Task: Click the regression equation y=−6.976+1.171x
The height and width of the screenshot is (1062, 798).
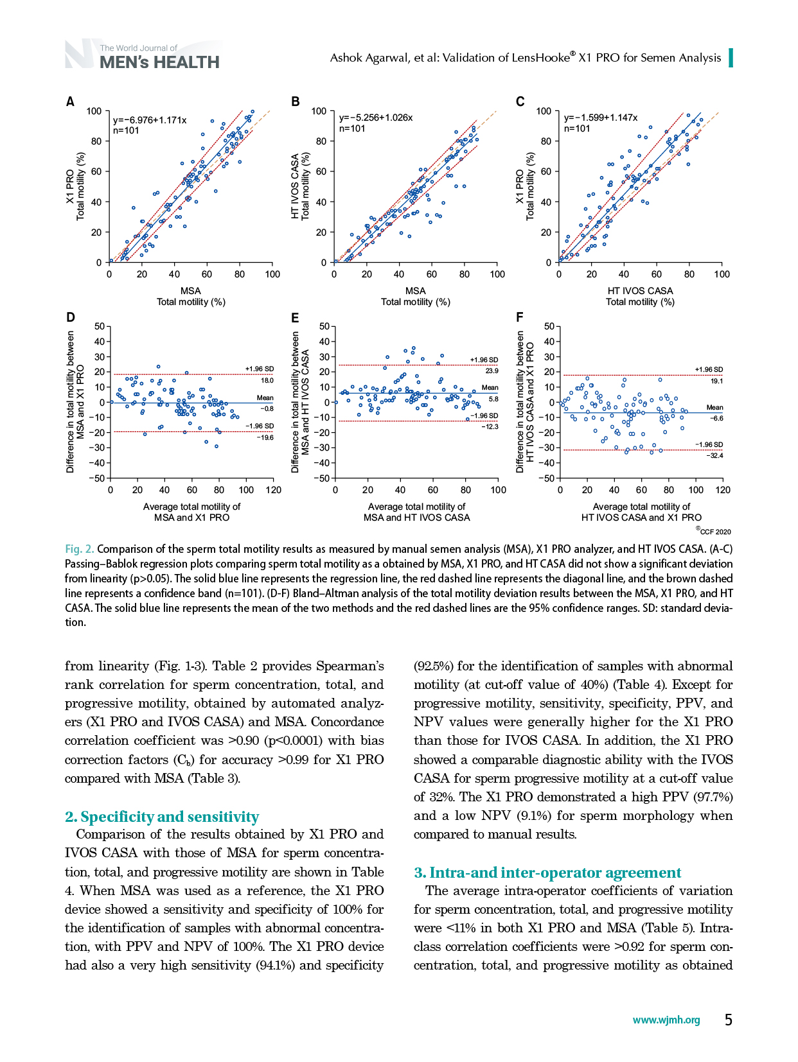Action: tap(150, 120)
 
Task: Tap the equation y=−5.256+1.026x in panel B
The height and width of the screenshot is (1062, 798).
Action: tap(375, 118)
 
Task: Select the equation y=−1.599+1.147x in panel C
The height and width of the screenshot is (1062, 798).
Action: tap(601, 118)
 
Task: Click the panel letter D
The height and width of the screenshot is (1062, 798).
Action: tap(71, 317)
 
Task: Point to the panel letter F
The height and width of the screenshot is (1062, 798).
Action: tap(520, 317)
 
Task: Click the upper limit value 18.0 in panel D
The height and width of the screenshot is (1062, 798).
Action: tap(267, 380)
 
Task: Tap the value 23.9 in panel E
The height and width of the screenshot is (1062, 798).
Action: tap(492, 370)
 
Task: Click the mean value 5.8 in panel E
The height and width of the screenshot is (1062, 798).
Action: tap(493, 399)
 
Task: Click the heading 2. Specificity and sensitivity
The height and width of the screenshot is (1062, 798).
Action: tap(162, 817)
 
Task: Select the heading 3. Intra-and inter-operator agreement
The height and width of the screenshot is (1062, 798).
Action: tap(547, 873)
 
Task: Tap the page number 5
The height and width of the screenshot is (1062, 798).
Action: tap(729, 1020)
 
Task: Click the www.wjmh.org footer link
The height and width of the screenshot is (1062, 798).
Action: tap(666, 1020)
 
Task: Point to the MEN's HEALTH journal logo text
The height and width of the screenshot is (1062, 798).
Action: tap(159, 62)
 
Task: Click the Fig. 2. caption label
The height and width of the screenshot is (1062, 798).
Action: tap(80, 549)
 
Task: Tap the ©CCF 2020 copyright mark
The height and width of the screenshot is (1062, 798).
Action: tap(713, 531)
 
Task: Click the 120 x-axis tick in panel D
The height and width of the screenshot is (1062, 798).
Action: tap(274, 490)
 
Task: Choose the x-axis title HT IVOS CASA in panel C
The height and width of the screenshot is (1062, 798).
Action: tap(640, 290)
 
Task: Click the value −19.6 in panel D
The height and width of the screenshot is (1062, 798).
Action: tap(265, 437)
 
